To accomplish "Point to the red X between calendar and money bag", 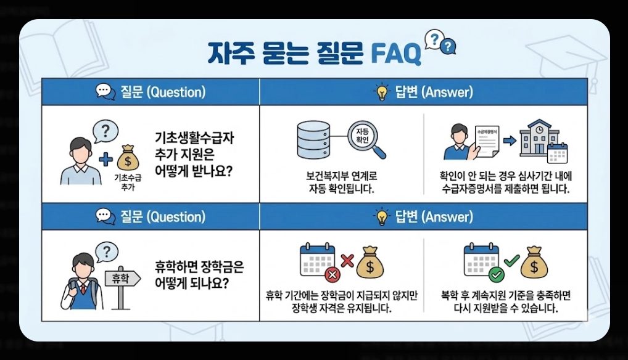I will click(347, 260).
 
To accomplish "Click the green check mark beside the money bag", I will click(512, 261).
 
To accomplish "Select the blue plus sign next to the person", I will click(105, 159).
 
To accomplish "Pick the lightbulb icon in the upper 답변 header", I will click(382, 92).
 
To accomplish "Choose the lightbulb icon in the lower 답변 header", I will click(382, 217).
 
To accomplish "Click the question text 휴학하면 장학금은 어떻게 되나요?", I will click(199, 275).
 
